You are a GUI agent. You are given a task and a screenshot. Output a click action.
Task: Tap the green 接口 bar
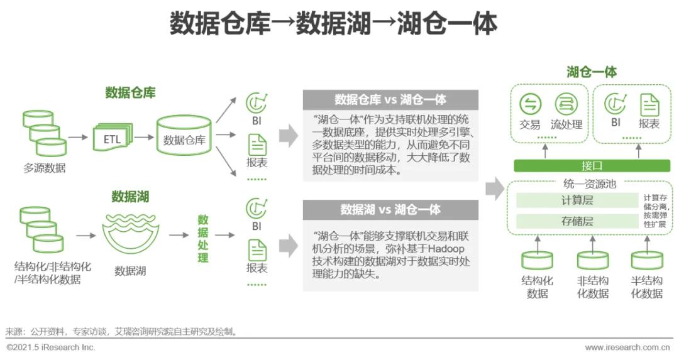coord(591,166)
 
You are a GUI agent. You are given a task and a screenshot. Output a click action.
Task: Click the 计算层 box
coord(577,200)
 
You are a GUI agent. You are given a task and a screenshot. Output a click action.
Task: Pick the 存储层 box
coord(577,221)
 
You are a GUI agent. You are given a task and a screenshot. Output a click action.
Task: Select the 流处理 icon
coord(566,104)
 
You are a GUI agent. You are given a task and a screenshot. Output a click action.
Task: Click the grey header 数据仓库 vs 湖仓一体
coord(390,99)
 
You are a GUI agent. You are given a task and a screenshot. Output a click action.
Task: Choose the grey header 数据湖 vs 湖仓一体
coord(390,209)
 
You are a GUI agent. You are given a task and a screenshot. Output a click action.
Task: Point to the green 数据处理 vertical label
coord(203,238)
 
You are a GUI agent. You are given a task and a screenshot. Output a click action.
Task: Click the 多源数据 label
coord(45,168)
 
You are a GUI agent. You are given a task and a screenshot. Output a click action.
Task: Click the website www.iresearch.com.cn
coord(627,347)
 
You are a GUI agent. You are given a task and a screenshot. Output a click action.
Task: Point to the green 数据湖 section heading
coord(130,197)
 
